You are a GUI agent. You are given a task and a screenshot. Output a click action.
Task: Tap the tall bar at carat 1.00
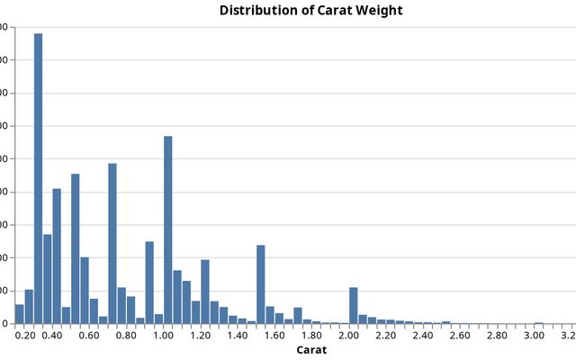point(168,229)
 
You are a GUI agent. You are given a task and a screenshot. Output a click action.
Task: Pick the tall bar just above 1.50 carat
point(261,284)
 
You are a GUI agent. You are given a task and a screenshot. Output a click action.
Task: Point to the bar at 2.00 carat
point(354,305)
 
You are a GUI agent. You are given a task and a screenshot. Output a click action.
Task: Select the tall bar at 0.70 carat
point(112,243)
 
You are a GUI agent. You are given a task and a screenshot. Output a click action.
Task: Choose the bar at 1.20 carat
point(205,292)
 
